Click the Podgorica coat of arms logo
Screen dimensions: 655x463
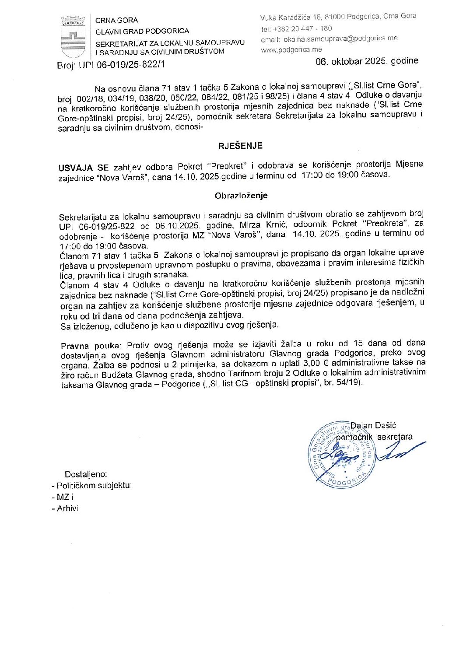click(73, 37)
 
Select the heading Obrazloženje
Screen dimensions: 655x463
click(241, 196)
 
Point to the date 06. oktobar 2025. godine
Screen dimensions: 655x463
click(367, 61)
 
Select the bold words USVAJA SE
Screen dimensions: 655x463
click(84, 168)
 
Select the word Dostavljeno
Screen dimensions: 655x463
click(86, 474)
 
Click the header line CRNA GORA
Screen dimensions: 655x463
click(116, 20)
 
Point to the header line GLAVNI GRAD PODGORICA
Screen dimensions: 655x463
click(142, 31)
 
